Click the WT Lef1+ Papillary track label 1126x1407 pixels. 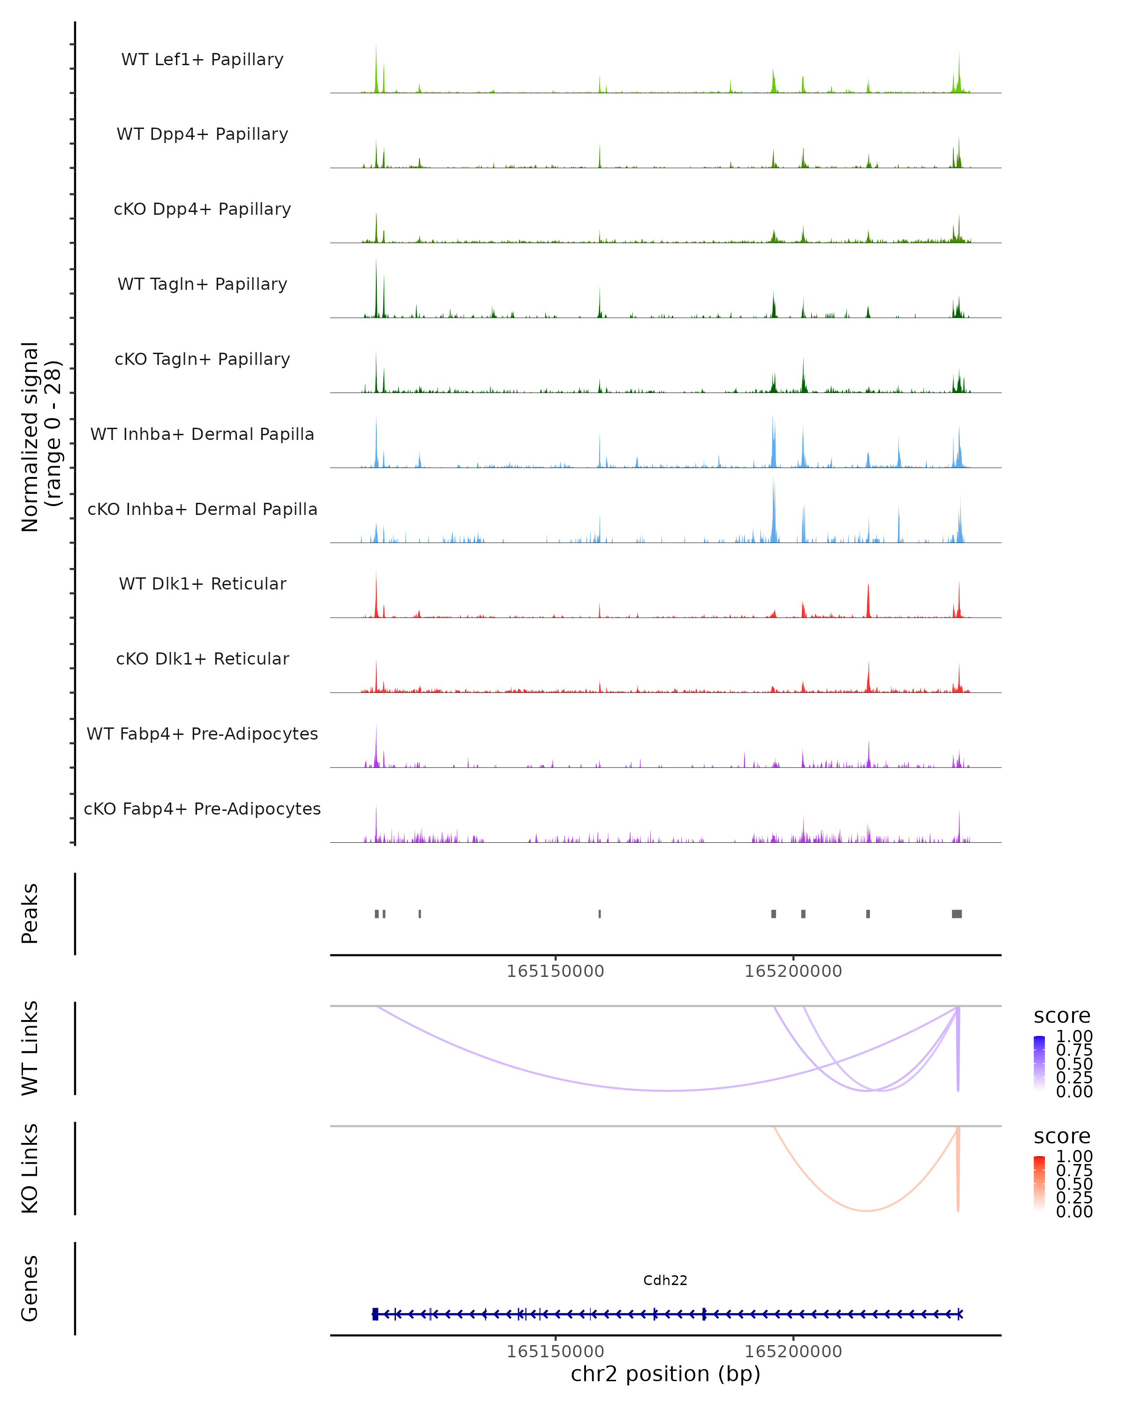(x=202, y=60)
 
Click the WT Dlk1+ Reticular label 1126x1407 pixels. (x=202, y=583)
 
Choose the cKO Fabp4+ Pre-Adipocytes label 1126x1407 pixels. (x=202, y=809)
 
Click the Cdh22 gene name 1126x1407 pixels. (x=665, y=1280)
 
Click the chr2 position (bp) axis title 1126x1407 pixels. (x=665, y=1374)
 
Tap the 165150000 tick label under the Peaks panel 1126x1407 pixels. (x=555, y=971)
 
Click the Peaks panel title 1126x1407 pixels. (x=30, y=914)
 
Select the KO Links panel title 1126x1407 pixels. (x=30, y=1168)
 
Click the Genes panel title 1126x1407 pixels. (x=30, y=1288)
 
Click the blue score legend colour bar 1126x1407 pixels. (x=1039, y=1064)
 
